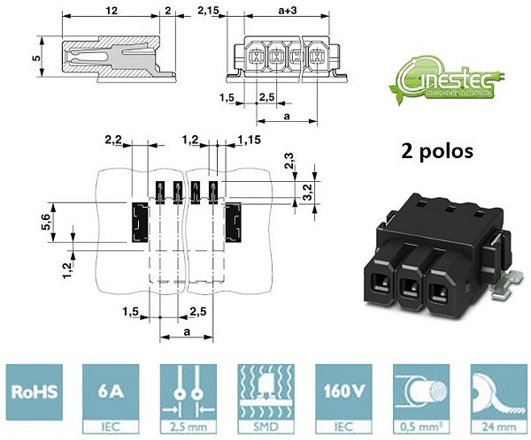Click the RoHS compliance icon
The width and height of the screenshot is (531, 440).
(37, 395)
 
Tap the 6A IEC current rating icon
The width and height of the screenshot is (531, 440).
(110, 395)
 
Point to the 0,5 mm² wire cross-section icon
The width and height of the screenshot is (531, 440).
(418, 395)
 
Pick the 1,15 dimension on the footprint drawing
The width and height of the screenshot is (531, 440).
(248, 140)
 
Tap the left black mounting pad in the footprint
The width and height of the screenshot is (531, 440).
(139, 225)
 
